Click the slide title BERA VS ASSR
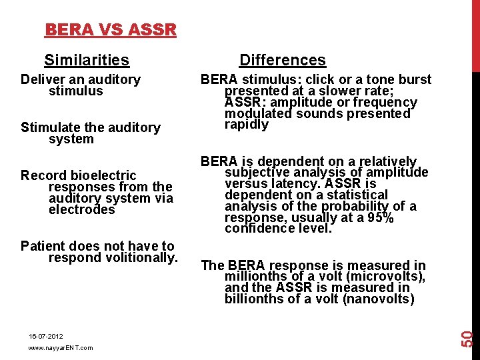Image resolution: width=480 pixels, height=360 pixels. click(x=111, y=30)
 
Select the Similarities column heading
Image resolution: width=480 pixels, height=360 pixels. click(x=87, y=61)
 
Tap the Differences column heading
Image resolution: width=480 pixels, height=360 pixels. click(x=283, y=60)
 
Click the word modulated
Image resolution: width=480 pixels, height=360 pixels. click(x=255, y=114)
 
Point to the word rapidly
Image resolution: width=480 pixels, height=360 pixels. click(x=247, y=125)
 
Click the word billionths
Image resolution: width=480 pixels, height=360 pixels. click(x=256, y=299)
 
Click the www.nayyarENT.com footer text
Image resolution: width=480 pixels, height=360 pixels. click(x=61, y=348)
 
